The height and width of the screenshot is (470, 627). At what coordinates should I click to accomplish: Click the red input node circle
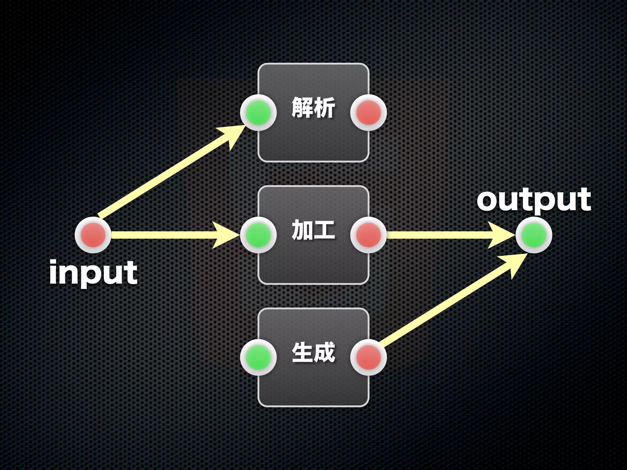[x=93, y=235]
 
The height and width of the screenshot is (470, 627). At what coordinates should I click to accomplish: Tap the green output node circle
[x=534, y=235]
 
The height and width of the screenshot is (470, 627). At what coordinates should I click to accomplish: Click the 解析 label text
[x=313, y=108]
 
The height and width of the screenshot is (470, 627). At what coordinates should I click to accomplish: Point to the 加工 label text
[x=313, y=230]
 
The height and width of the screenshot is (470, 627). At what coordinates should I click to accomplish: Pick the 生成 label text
[x=313, y=352]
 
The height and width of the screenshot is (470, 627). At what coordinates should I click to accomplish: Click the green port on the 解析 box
[x=258, y=113]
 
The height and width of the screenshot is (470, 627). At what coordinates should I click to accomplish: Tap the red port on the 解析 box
[x=369, y=113]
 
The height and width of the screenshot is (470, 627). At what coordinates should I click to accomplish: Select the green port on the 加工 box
[x=258, y=235]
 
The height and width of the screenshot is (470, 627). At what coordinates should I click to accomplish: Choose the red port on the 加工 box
[x=369, y=235]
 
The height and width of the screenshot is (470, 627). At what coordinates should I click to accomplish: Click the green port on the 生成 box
[x=258, y=357]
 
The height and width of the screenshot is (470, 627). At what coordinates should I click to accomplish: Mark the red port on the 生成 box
[x=369, y=357]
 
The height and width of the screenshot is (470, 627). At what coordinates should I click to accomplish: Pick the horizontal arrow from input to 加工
[x=162, y=235]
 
